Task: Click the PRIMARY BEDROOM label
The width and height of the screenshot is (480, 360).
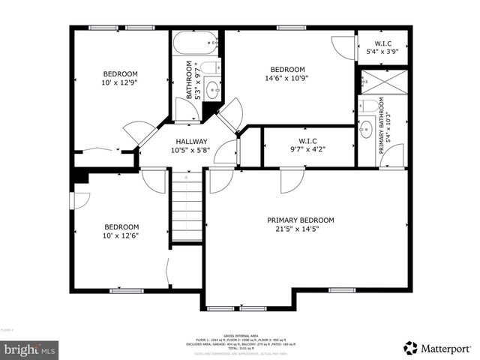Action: pos(300,220)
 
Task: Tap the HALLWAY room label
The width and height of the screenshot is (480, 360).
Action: pos(192,142)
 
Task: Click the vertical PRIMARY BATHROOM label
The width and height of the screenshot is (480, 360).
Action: pos(382,126)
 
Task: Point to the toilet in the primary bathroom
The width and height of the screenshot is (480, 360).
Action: pos(368,106)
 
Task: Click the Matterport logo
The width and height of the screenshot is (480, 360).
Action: pos(437,347)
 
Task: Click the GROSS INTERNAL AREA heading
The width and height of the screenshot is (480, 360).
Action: pos(240,335)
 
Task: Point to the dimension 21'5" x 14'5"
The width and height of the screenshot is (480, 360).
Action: pos(300,230)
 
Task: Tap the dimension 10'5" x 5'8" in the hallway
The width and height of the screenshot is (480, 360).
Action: pos(192,150)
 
